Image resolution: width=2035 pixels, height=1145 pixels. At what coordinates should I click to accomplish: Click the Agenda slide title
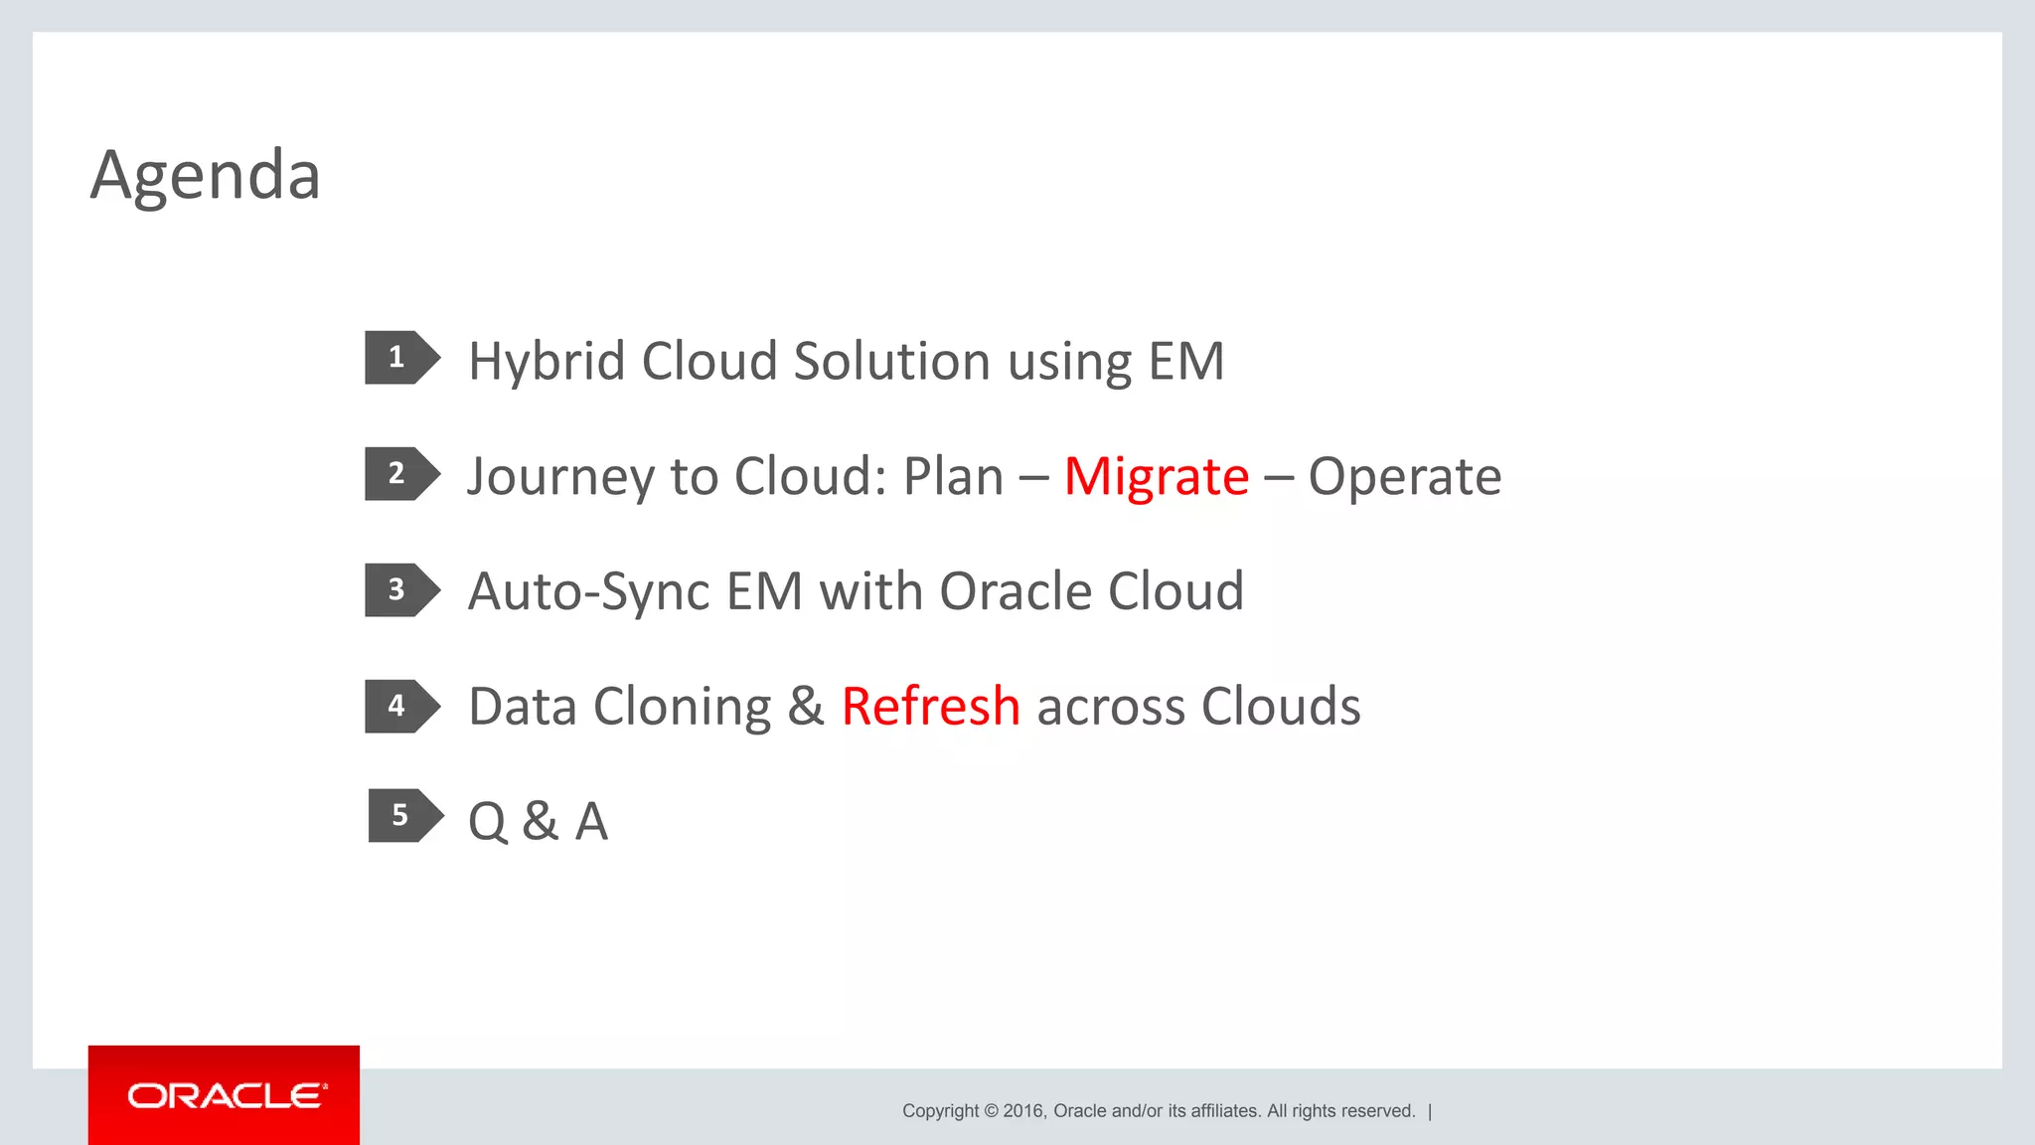205,175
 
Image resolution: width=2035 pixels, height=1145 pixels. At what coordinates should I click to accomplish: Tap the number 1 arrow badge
400,358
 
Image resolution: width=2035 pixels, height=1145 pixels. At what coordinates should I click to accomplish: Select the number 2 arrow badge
400,474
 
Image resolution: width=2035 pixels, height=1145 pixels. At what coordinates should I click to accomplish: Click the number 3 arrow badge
400,590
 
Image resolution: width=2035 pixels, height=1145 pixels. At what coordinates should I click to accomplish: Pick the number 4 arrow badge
400,707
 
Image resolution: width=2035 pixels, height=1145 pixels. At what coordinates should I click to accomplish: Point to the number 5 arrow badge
403,816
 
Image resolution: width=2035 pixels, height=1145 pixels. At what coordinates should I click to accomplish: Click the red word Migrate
1156,477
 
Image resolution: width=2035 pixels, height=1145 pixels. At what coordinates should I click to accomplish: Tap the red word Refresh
930,707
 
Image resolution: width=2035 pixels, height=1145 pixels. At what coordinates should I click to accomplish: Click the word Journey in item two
560,477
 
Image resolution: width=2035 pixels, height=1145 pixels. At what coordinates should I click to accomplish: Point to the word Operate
1404,477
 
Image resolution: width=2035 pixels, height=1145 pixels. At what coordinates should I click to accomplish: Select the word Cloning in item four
682,708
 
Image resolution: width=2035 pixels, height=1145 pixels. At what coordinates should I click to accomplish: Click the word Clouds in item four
1280,707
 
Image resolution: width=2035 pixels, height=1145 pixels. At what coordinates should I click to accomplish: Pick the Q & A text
538,822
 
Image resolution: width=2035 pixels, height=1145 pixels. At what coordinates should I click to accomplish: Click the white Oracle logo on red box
225,1095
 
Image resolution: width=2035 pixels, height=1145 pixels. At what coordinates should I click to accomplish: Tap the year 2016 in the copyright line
1022,1111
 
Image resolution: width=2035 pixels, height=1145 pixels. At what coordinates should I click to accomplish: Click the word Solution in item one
891,362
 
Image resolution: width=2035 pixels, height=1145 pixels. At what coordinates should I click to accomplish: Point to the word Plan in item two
953,477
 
